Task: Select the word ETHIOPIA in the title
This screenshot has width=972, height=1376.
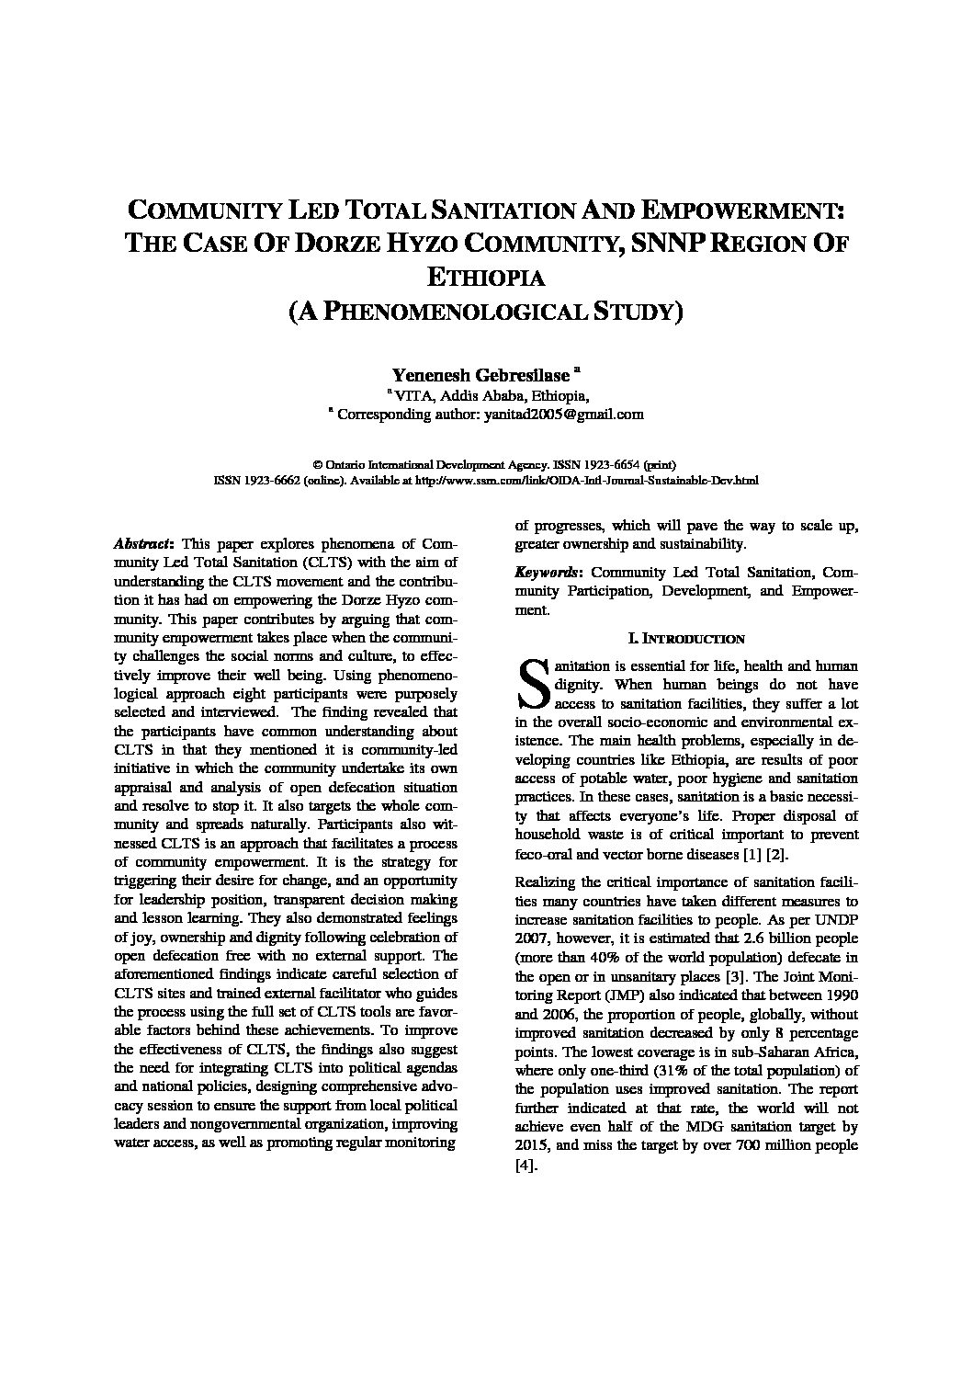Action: click(486, 277)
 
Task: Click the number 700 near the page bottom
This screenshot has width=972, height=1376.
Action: click(752, 1145)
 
